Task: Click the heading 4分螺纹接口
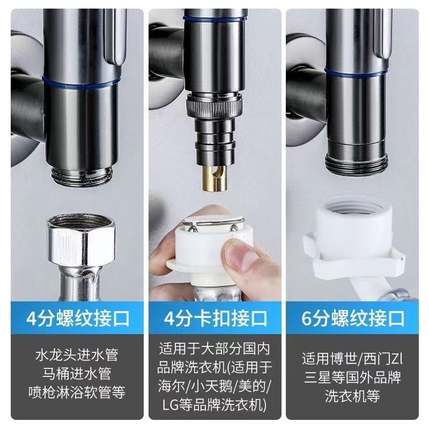[78, 318]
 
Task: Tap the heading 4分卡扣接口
[216, 318]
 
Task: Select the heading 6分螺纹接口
[353, 318]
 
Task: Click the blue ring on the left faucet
[82, 82]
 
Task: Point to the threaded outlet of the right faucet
[357, 164]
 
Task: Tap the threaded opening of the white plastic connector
[354, 208]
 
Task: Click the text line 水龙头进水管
[77, 354]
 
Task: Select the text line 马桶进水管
[77, 373]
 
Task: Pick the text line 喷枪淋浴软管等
[77, 392]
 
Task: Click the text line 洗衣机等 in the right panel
[353, 396]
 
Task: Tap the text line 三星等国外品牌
[353, 377]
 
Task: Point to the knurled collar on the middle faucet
[213, 106]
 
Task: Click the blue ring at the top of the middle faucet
[213, 19]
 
